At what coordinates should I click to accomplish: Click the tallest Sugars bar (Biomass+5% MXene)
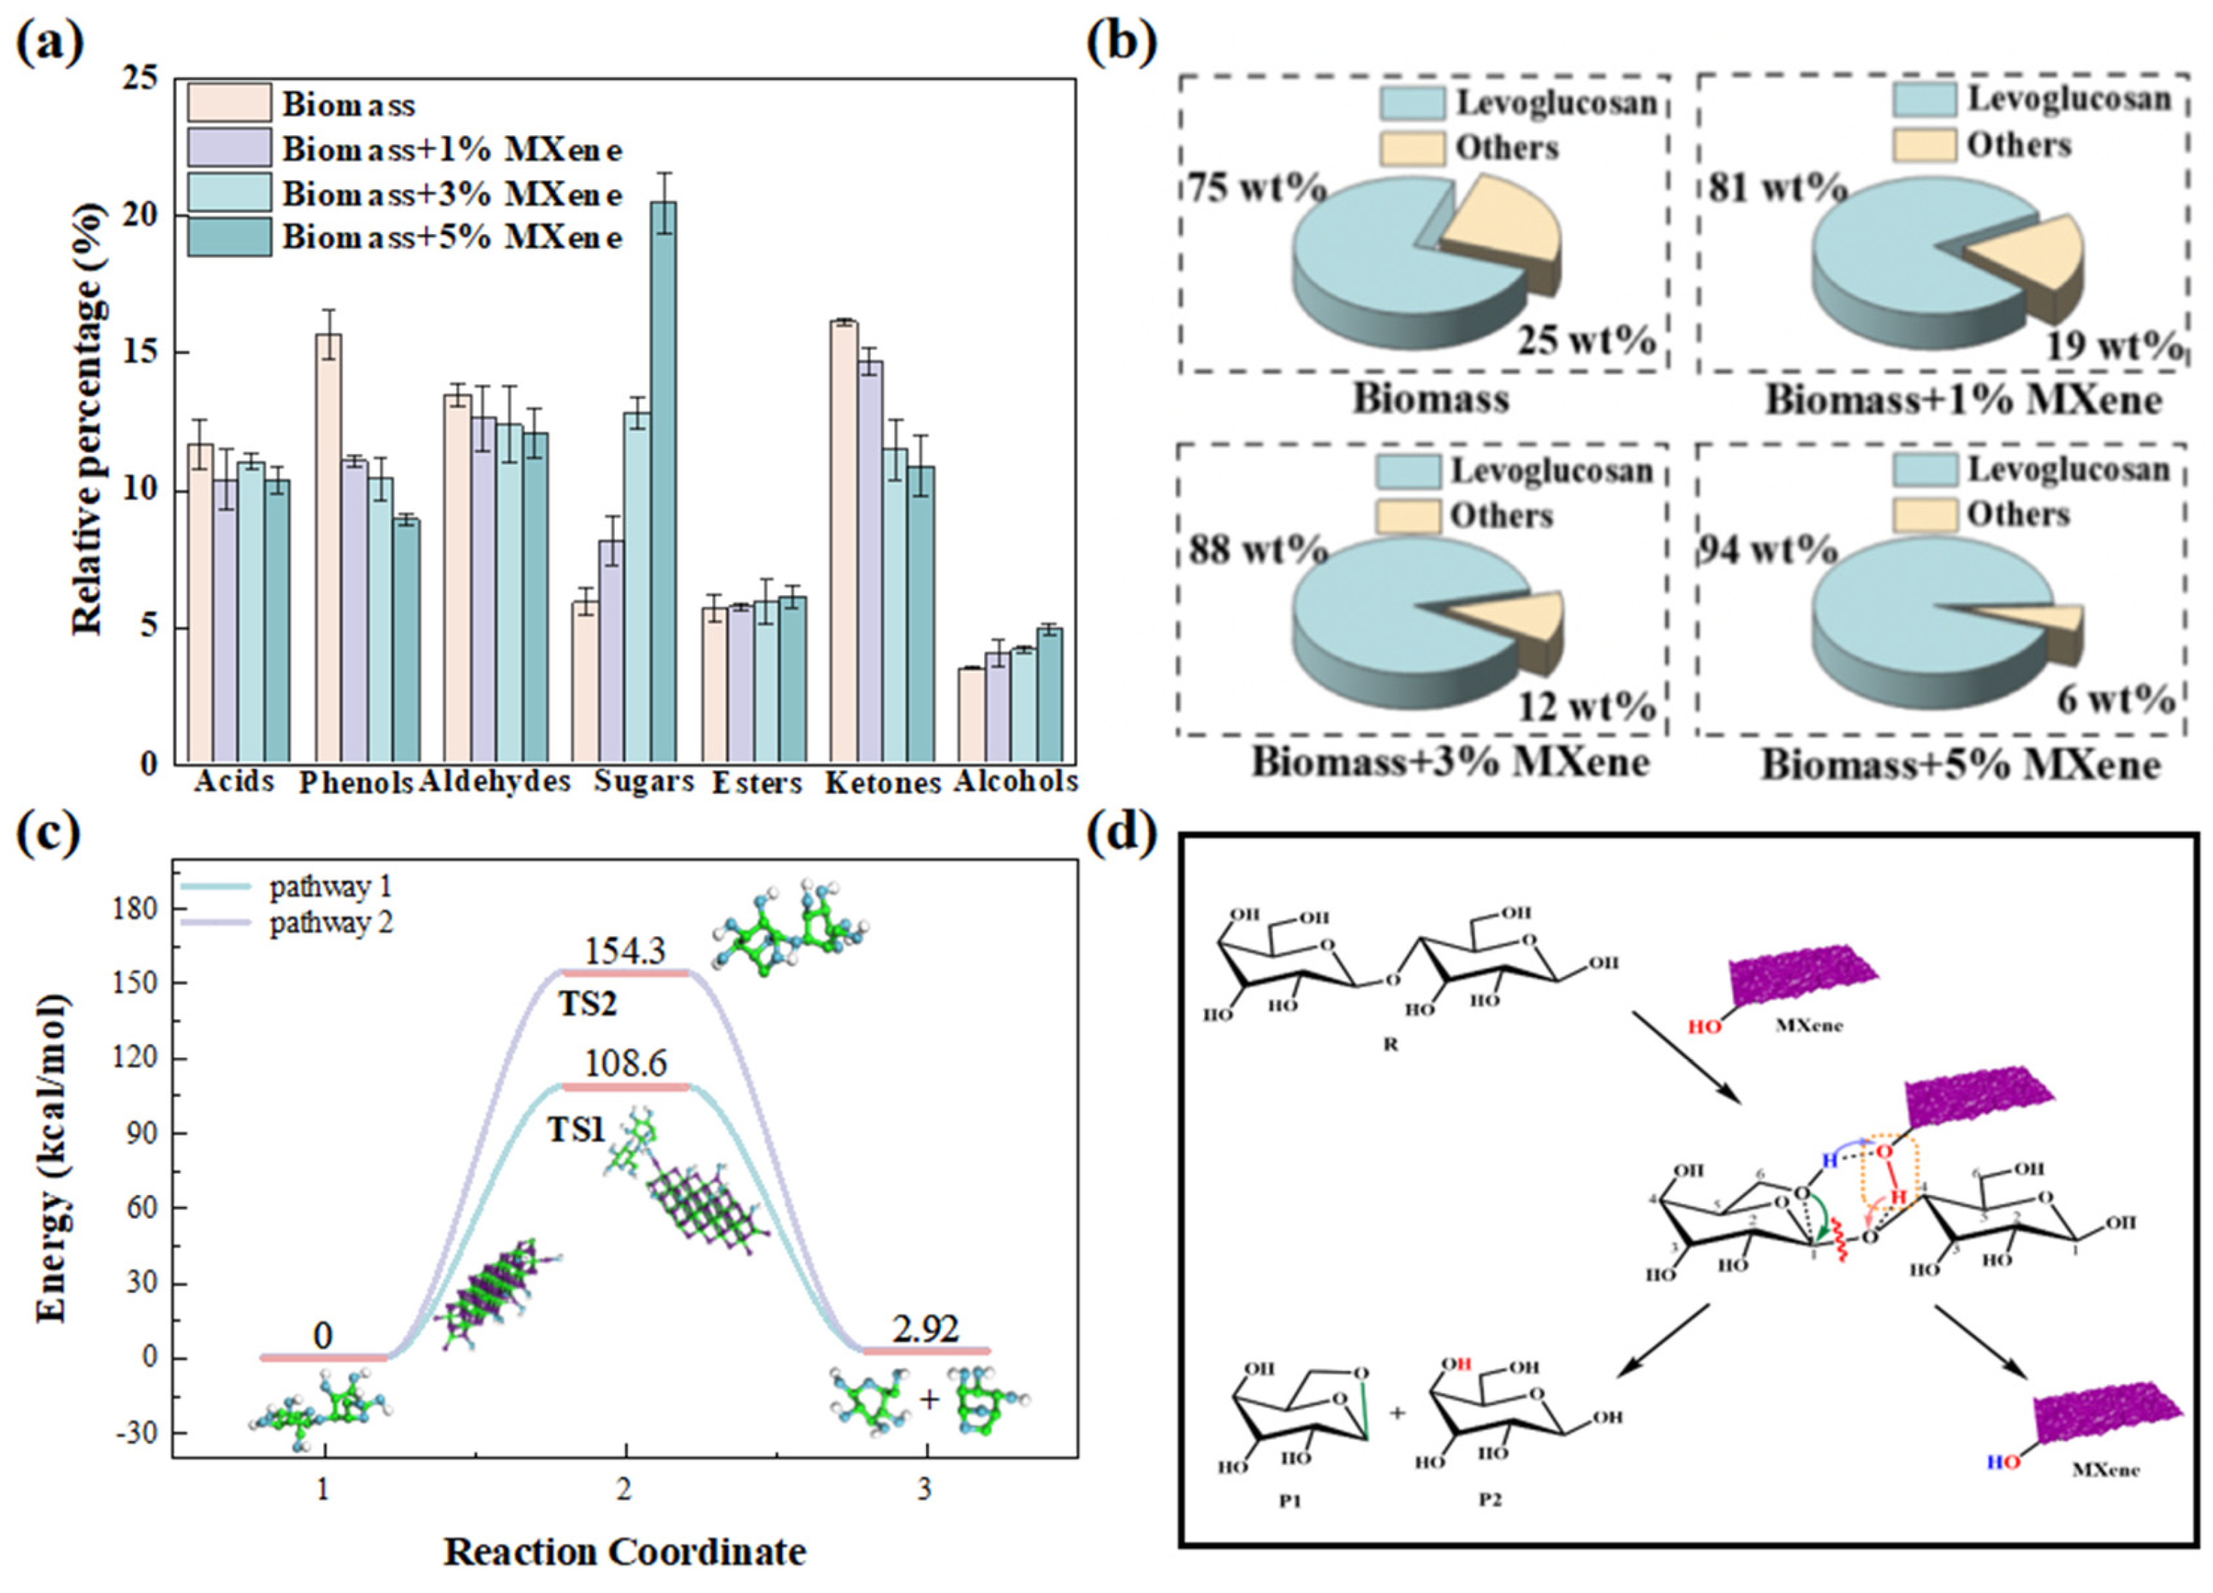[x=664, y=483]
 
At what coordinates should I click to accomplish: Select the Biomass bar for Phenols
[x=328, y=546]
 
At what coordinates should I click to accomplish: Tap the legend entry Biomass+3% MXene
[x=451, y=194]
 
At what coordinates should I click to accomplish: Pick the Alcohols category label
[x=1015, y=781]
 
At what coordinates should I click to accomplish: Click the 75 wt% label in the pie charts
[x=1255, y=186]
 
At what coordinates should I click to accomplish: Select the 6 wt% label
[x=2116, y=699]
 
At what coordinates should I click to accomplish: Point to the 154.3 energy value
[x=625, y=951]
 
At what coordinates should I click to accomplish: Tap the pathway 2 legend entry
[x=332, y=922]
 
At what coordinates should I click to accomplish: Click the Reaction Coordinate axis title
[x=625, y=1551]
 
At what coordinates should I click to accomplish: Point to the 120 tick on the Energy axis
[x=135, y=1058]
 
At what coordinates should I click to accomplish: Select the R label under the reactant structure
[x=1391, y=1044]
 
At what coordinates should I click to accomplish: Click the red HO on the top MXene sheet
[x=1705, y=1026]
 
